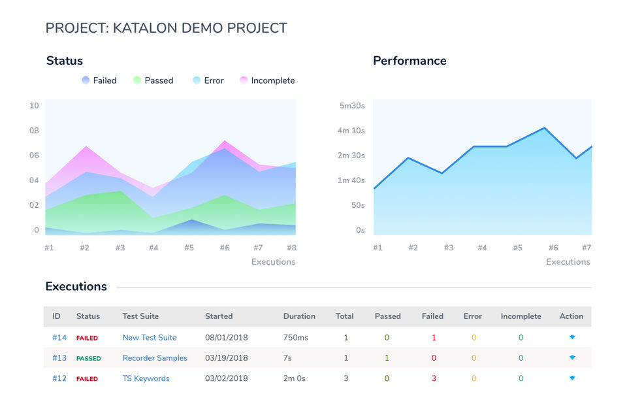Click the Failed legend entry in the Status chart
(99, 80)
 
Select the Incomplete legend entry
(267, 80)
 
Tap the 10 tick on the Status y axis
(34, 105)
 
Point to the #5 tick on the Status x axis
(189, 248)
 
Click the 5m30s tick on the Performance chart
(351, 105)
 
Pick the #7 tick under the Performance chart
(587, 248)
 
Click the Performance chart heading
(410, 61)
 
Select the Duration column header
(299, 316)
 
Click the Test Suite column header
(140, 316)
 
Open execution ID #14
(59, 338)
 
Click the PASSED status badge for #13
(89, 359)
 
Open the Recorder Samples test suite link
(155, 358)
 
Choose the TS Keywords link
(146, 378)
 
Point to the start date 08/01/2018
(227, 338)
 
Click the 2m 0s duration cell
(295, 378)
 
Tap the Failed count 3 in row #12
(434, 378)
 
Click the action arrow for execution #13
(572, 357)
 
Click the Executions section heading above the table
(76, 286)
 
